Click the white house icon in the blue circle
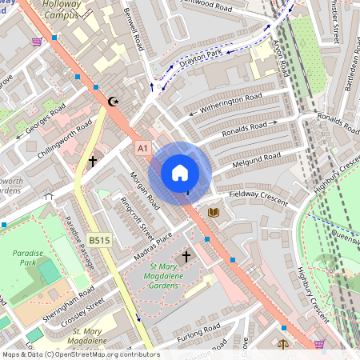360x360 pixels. point(180,172)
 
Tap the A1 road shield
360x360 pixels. point(143,148)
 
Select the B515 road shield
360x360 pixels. point(99,240)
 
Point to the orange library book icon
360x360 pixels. point(213,212)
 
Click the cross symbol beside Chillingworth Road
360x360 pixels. point(93,161)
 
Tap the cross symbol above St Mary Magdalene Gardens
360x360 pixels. point(186,257)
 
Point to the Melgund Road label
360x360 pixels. point(256,161)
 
